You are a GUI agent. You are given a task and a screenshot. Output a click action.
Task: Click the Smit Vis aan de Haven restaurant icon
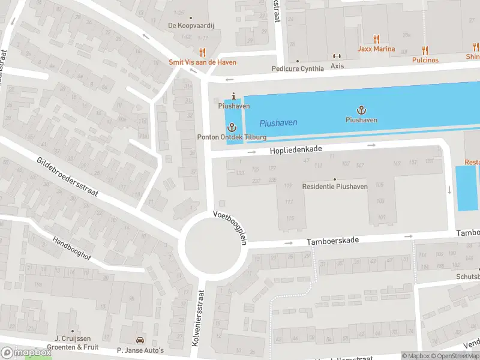click(x=202, y=52)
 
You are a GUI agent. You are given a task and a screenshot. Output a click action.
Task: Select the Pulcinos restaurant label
click(x=425, y=60)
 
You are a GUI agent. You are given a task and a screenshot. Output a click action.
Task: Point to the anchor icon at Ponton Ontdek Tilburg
click(x=233, y=127)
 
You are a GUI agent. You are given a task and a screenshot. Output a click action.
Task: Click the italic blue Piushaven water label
click(x=278, y=123)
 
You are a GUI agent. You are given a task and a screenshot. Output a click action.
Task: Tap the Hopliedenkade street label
click(x=296, y=149)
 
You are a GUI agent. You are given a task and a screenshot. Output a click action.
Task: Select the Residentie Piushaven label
click(x=335, y=187)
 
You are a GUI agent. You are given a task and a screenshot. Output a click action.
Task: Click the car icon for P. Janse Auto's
click(x=140, y=340)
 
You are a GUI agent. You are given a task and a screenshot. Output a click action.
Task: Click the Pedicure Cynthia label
click(x=297, y=68)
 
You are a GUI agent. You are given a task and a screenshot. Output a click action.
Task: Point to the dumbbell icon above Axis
click(x=337, y=56)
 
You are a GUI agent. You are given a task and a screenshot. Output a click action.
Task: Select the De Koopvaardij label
click(x=190, y=25)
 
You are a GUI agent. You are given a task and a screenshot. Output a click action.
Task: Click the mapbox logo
click(x=26, y=353)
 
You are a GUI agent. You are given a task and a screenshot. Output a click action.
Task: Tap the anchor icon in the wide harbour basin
click(x=361, y=109)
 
